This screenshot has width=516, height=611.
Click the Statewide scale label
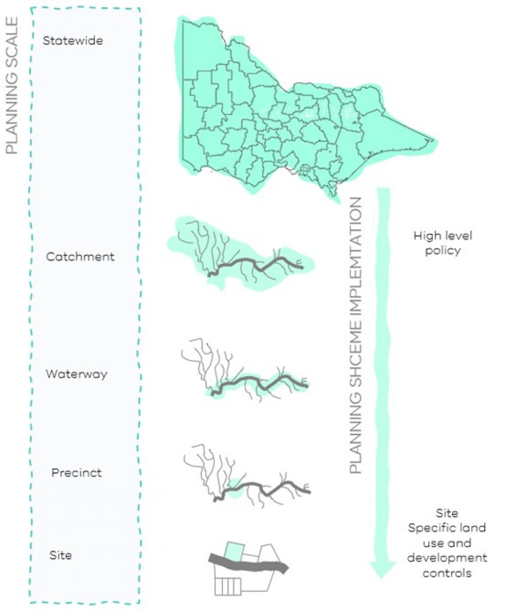click(73, 41)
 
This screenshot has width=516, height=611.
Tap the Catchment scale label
click(80, 257)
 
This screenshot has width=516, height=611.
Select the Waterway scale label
click(76, 374)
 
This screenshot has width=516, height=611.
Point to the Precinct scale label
click(77, 473)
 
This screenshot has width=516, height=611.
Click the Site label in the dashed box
click(61, 555)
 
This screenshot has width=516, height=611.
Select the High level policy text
click(442, 243)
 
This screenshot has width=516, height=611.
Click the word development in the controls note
click(447, 558)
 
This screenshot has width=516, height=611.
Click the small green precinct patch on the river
click(234, 488)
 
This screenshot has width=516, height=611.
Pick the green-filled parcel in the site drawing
click(234, 551)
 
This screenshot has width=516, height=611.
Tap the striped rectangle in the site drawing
click(227, 586)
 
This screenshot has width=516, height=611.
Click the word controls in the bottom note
click(447, 573)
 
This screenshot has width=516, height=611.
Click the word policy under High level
click(442, 251)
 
